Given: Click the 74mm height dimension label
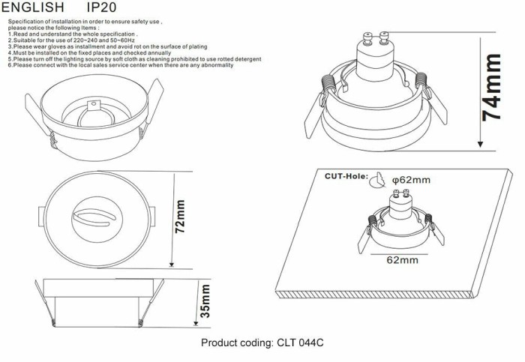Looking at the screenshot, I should pos(492,88).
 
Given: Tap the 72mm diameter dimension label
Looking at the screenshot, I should pos(180,218).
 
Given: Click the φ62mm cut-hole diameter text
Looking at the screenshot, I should pos(412,179).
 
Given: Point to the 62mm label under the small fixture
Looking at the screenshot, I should pos(402,260).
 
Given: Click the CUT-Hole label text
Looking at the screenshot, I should pos(346,177).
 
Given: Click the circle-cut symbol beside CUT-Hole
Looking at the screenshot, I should pos(380,179).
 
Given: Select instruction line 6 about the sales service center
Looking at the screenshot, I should pos(120,66).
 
